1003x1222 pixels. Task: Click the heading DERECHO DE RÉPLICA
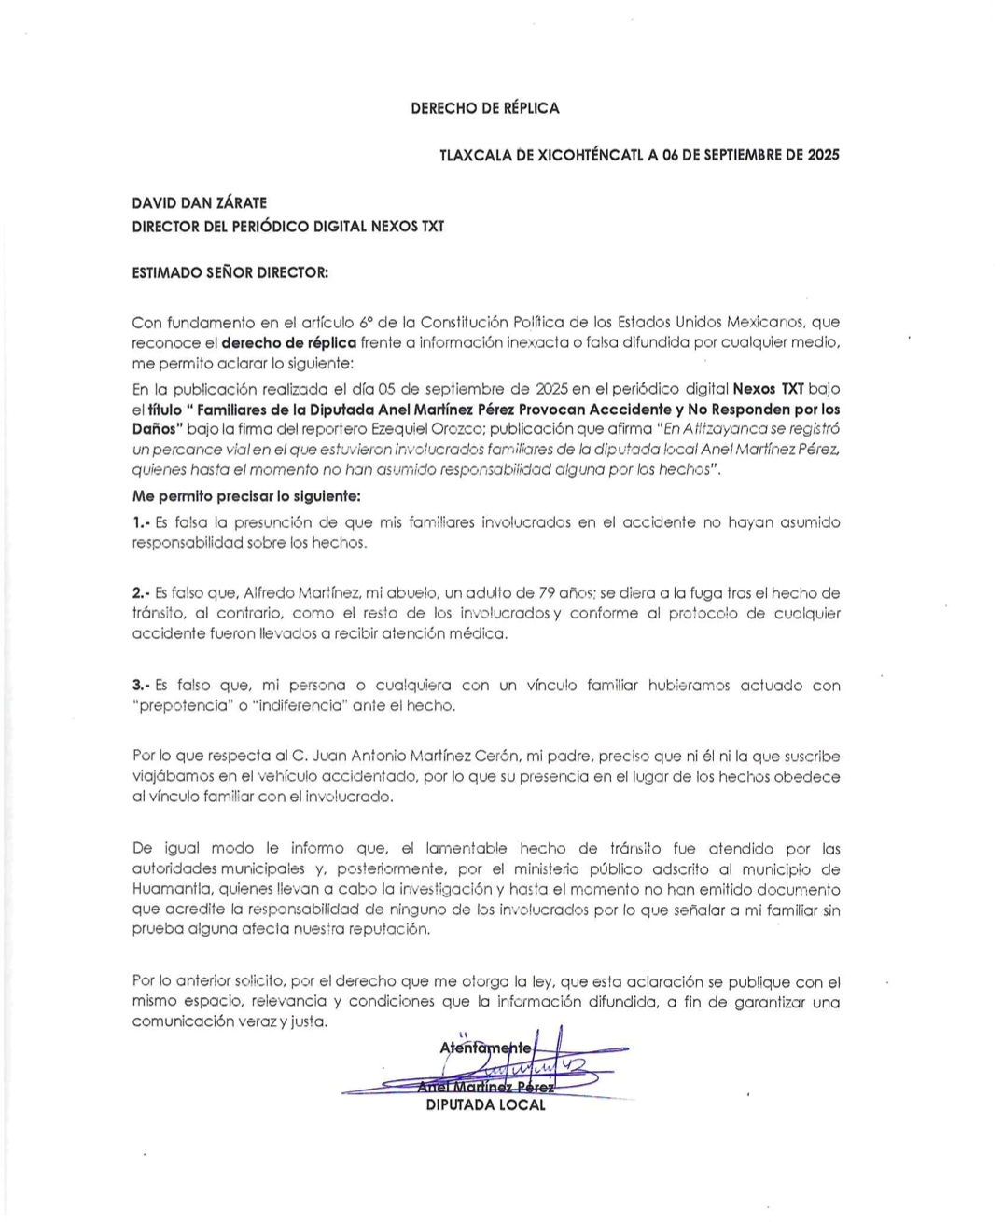point(485,108)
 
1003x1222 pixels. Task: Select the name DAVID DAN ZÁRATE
point(199,202)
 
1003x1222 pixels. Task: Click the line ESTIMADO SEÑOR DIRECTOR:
point(230,273)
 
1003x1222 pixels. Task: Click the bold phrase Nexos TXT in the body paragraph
point(768,388)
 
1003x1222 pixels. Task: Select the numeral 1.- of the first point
point(142,522)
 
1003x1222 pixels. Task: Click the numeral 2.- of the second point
point(142,592)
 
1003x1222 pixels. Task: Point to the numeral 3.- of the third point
point(142,686)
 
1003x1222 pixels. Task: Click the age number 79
point(549,592)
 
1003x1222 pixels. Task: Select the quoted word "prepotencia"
point(183,705)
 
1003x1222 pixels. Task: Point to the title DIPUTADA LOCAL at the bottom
point(485,1105)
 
